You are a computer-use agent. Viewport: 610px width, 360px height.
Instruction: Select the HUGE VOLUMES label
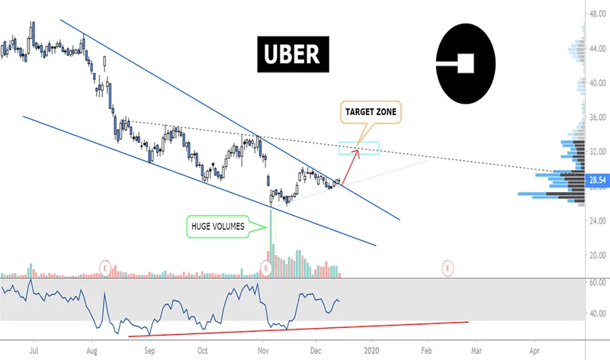[217, 225]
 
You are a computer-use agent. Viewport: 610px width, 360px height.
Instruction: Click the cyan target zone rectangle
[358, 149]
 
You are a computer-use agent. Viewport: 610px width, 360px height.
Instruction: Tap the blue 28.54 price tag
[597, 181]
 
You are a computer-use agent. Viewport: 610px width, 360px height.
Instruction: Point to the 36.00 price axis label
[597, 117]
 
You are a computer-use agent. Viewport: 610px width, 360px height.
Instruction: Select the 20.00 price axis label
[597, 255]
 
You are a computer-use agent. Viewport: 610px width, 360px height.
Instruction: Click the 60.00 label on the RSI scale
[597, 282]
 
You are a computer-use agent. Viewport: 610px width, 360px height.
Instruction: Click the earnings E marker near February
[448, 268]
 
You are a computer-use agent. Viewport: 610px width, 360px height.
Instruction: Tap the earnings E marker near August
[106, 268]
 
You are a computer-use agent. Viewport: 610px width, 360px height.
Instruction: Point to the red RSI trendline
[297, 328]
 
